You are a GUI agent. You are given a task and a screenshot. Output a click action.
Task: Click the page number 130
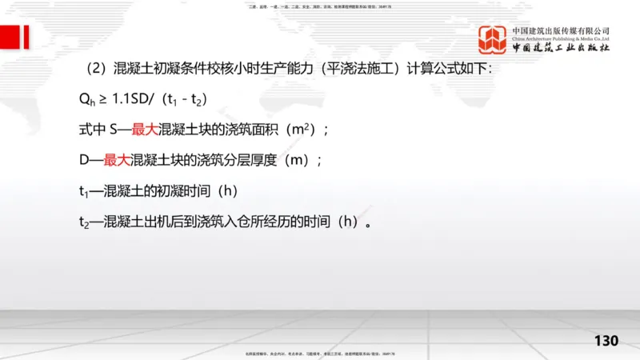coord(606,342)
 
